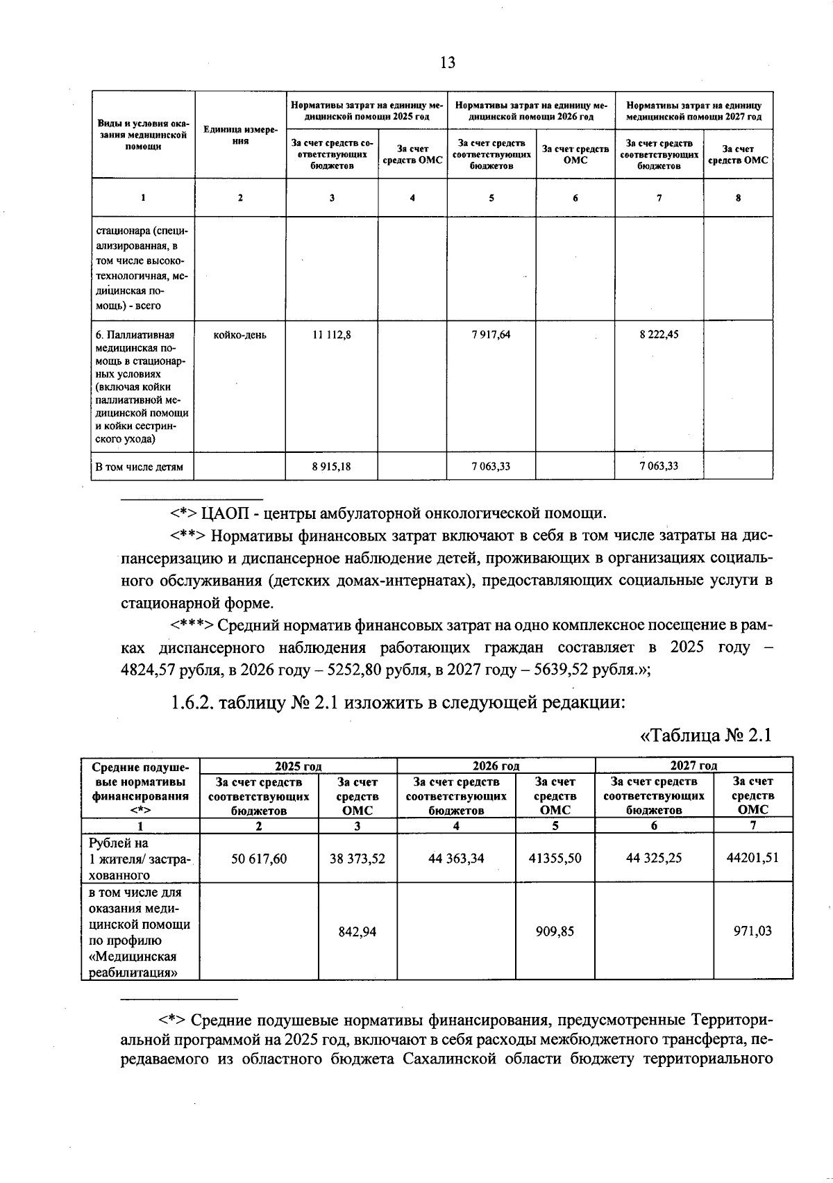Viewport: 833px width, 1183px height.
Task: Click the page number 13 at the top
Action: [x=448, y=63]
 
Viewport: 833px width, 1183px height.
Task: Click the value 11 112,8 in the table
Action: [x=332, y=335]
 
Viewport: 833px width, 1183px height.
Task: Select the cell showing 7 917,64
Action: [x=491, y=335]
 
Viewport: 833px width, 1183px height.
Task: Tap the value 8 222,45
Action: [x=659, y=335]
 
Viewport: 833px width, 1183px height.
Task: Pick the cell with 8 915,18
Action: [x=332, y=466]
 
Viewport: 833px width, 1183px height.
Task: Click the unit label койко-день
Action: [x=240, y=335]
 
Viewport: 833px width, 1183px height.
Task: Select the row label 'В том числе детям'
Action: [x=139, y=467]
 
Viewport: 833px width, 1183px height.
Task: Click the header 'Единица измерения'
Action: [x=240, y=135]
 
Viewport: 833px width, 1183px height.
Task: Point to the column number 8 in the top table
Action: [x=738, y=198]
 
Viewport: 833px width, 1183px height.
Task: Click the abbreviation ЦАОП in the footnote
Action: [x=224, y=513]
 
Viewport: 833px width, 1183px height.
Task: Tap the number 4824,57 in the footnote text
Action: [x=149, y=670]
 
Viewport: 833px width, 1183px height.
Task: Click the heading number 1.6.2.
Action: [x=192, y=703]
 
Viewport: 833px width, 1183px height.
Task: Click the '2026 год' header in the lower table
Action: [x=496, y=766]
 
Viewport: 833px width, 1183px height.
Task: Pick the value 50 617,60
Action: [x=259, y=859]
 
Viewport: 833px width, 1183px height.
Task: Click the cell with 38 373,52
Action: [x=357, y=859]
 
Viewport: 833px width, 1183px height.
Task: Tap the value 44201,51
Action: [x=752, y=858]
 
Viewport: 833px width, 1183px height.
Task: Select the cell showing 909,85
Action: [x=555, y=932]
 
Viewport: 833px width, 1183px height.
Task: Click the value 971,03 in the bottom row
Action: [x=752, y=932]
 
